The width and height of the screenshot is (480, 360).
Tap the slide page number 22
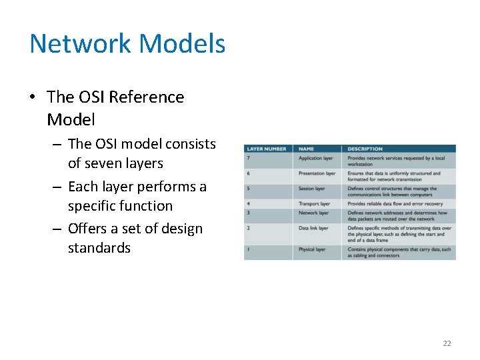(x=447, y=343)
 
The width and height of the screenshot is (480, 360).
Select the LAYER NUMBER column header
(x=267, y=149)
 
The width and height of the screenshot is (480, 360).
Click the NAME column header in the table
(x=307, y=149)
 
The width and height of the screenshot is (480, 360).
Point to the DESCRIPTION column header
(x=365, y=149)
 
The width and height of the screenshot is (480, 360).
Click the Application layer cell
(x=316, y=159)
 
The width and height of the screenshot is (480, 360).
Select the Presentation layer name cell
(x=317, y=173)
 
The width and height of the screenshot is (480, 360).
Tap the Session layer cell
(x=312, y=189)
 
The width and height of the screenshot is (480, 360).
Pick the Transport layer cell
(x=314, y=203)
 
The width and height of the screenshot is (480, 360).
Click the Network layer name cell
(x=313, y=213)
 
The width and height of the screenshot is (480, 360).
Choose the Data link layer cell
(x=313, y=228)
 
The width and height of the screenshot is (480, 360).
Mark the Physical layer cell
(x=312, y=249)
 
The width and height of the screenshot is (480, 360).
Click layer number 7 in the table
(x=249, y=159)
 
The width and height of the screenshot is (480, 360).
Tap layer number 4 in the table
(x=249, y=203)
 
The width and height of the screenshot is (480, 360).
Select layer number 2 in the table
(x=249, y=228)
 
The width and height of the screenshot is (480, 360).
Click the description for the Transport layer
(x=395, y=203)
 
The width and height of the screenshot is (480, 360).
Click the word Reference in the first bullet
(x=146, y=97)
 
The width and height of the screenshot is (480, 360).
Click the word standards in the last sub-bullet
(x=99, y=248)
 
